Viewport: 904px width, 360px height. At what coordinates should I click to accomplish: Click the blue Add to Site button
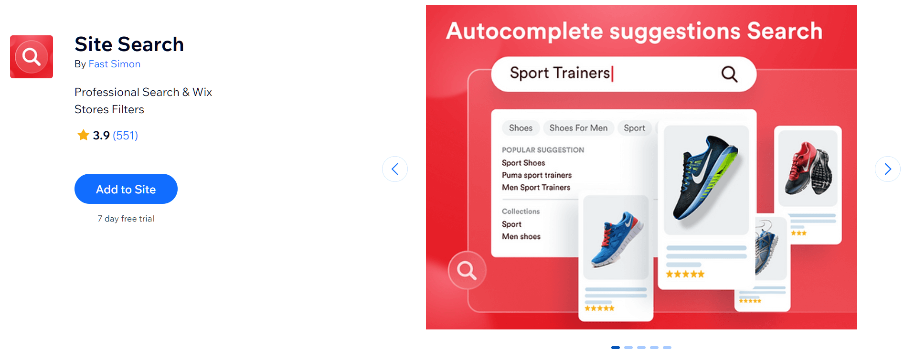click(126, 189)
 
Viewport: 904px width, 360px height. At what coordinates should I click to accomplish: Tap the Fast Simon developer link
click(115, 64)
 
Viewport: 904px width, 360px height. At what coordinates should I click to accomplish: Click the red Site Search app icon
click(32, 57)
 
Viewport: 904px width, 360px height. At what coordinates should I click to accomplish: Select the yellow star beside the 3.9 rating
click(84, 135)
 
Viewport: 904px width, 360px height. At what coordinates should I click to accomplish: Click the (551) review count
click(126, 136)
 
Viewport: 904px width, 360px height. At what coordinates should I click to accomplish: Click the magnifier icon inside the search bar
click(729, 74)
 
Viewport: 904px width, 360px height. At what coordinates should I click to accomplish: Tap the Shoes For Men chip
click(578, 128)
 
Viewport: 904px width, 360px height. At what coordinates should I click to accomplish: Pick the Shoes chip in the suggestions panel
click(521, 128)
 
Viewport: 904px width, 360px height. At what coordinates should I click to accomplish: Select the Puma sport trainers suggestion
click(537, 175)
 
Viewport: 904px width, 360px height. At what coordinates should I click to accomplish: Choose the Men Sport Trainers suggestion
click(536, 188)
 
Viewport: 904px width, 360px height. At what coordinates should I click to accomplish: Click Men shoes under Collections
click(521, 236)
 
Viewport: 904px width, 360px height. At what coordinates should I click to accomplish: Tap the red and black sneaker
click(808, 168)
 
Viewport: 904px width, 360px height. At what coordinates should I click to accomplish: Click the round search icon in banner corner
click(467, 270)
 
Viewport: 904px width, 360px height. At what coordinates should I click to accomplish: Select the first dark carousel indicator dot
click(616, 348)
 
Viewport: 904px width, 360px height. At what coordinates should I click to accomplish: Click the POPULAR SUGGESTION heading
click(543, 150)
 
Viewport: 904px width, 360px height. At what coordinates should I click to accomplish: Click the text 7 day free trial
click(126, 219)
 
